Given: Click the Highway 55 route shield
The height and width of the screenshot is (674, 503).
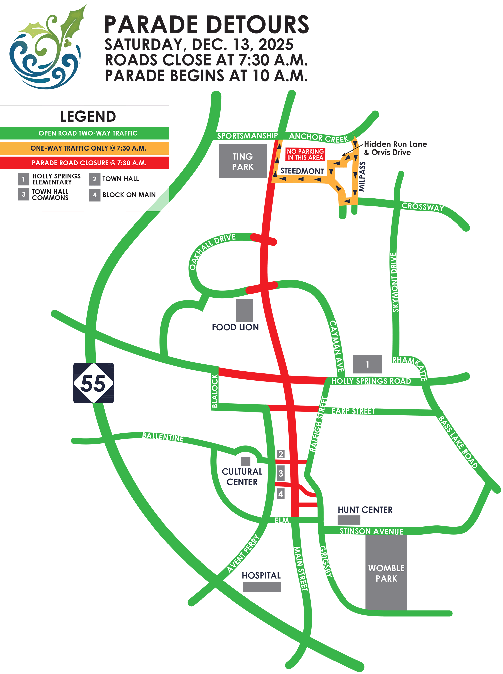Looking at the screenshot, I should click(x=94, y=383).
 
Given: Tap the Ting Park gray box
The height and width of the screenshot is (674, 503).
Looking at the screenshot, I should click(x=243, y=161).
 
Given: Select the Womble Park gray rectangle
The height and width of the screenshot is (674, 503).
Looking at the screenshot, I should click(x=386, y=573).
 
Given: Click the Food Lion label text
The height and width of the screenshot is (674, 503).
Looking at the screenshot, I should click(x=235, y=327).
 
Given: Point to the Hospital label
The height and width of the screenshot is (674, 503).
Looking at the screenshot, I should click(x=261, y=575).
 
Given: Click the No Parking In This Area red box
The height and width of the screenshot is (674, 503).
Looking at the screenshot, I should click(x=305, y=155).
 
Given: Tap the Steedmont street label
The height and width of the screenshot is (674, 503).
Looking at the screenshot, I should click(x=302, y=171).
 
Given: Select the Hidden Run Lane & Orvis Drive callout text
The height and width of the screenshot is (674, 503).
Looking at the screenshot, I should click(x=395, y=148).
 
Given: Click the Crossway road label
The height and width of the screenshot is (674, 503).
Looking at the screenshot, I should click(x=423, y=207).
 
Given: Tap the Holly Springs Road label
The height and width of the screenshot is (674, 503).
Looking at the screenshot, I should click(x=371, y=381).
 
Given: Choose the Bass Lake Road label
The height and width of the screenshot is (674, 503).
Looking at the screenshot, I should click(x=458, y=442).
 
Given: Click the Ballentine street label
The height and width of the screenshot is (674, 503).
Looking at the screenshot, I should click(x=163, y=437).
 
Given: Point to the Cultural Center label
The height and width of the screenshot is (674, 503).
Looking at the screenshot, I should click(x=242, y=476).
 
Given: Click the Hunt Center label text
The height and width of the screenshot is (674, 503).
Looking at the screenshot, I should click(x=365, y=510).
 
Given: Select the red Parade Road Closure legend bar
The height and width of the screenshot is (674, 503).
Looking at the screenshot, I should click(x=85, y=163).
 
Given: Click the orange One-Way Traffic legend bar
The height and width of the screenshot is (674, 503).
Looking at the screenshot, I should click(x=85, y=148).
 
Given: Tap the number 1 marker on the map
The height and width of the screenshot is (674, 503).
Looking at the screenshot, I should click(x=367, y=364).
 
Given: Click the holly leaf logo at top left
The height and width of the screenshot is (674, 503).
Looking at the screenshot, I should click(x=46, y=47).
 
